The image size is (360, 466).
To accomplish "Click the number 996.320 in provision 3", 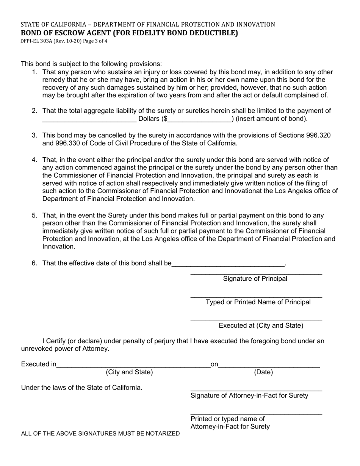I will [321, 135].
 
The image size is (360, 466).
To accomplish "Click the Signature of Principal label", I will [255, 279].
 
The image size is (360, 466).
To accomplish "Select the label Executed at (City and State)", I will [261, 325].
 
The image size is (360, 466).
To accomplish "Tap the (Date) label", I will [263, 372].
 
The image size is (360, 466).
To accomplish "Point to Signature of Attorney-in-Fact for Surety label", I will [249, 396].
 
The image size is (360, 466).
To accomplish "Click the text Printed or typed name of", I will [227, 419].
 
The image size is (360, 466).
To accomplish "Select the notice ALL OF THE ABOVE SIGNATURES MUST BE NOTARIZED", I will [100, 433].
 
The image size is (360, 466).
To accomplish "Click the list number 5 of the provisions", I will [34, 216].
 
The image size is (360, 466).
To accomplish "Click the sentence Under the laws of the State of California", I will [82, 388].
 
